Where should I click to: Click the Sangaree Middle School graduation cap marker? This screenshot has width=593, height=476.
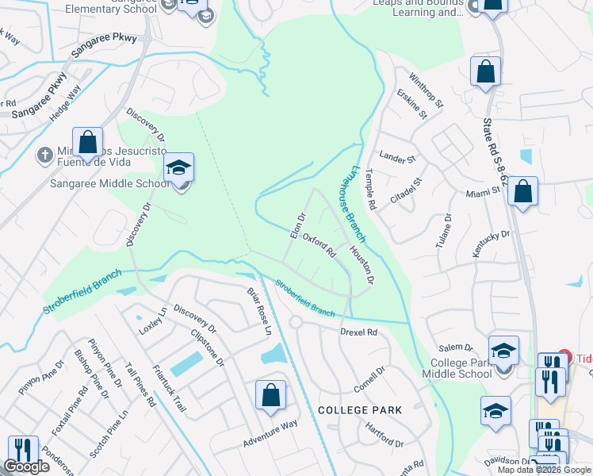pos(180,168)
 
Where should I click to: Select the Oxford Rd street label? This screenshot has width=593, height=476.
pos(320,245)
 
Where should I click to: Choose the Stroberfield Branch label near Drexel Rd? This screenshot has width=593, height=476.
pos(305,297)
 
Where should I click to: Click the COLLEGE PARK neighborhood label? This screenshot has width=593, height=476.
pos(360,410)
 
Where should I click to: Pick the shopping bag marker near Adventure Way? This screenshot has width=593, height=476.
pos(270,396)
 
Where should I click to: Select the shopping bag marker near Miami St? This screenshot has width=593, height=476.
pos(522,192)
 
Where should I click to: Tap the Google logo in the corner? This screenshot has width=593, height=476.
pos(26,466)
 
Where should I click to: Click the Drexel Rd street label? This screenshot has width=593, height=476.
pos(358,332)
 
